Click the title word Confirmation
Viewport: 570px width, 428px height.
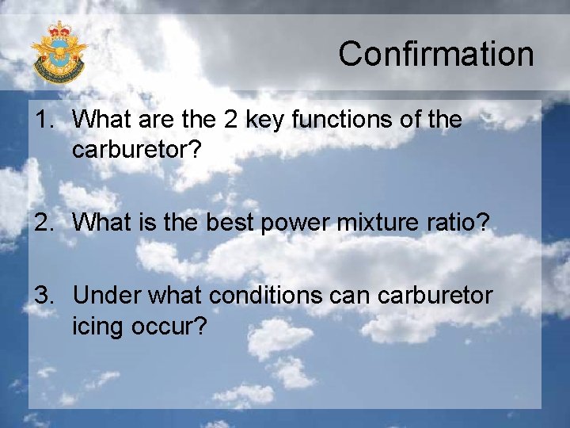pyautogui.click(x=436, y=54)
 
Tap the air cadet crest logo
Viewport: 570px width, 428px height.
pyautogui.click(x=59, y=52)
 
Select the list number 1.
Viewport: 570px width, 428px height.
pyautogui.click(x=44, y=120)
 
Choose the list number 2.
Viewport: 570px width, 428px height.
pyautogui.click(x=44, y=224)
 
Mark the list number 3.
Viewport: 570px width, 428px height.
pyautogui.click(x=44, y=296)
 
